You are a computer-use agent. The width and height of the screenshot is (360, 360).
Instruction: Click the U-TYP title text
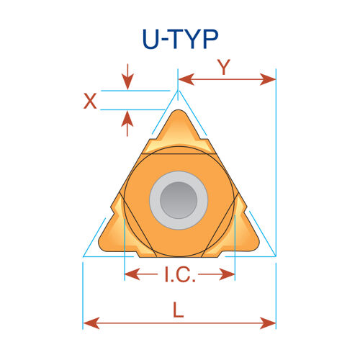tap(180, 39)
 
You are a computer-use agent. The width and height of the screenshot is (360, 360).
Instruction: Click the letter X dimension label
tap(90, 101)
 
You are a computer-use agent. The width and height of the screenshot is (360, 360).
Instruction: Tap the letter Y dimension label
tap(224, 67)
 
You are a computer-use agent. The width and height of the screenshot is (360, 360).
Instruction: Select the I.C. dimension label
tap(180, 274)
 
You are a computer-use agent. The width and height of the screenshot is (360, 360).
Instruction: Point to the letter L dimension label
tap(179, 310)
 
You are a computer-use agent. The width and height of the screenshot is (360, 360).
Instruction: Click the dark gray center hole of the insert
tap(179, 200)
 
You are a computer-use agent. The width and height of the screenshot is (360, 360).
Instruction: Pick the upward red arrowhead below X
tap(127, 119)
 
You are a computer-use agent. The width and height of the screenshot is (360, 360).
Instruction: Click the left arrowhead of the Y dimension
tap(186, 79)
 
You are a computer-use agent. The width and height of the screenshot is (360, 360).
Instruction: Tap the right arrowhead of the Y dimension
tap(268, 79)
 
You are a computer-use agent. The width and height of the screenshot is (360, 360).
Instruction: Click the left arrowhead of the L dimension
tap(91, 323)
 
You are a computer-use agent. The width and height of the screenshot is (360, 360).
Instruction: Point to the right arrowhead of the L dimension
tap(268, 323)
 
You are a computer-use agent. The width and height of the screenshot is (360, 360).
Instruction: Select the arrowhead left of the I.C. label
tap(132, 274)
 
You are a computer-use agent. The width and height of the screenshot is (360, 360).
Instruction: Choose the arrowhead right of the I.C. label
tap(227, 274)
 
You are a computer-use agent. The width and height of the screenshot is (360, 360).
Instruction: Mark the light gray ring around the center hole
tap(179, 176)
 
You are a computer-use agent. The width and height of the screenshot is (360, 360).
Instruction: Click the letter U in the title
tap(151, 40)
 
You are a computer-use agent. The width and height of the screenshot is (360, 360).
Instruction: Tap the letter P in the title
tap(211, 39)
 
